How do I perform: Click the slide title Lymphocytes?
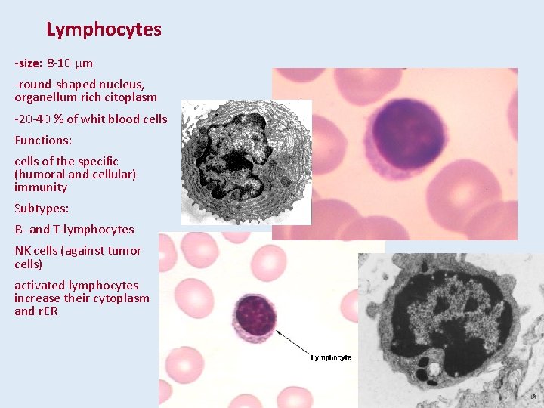104,29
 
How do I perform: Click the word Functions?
39,140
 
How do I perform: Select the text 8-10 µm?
70,63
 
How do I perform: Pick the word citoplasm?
131,97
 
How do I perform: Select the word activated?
39,285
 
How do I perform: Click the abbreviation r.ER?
48,311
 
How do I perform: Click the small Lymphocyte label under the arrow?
332,357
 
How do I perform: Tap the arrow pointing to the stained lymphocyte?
291,342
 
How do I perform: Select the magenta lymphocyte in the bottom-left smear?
256,317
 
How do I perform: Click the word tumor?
125,250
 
